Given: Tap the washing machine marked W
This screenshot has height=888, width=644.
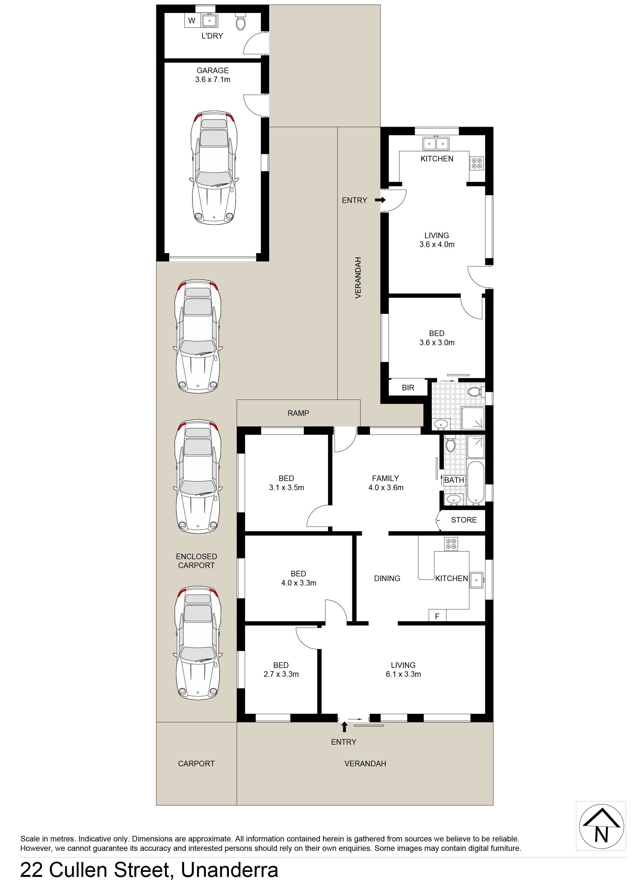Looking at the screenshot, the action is (x=192, y=21).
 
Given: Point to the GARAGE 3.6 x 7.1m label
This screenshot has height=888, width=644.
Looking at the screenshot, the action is (x=213, y=75).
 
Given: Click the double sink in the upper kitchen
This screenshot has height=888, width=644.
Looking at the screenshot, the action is (x=436, y=143).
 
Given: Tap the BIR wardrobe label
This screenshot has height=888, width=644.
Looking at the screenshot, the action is (x=408, y=388).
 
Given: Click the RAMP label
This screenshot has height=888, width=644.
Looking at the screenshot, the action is (x=298, y=413).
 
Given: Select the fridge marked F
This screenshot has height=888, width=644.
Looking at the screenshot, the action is (x=437, y=616).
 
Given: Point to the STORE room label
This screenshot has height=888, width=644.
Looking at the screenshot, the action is (x=464, y=520).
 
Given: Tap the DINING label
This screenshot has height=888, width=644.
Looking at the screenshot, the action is (x=387, y=578).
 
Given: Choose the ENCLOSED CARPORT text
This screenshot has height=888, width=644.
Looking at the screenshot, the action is (x=196, y=561).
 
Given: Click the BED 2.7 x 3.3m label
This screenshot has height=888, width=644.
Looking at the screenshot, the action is (x=281, y=670).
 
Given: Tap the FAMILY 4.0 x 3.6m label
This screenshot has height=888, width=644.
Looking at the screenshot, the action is (x=386, y=483).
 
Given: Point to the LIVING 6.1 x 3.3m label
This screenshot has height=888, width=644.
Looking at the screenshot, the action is (x=403, y=670).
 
